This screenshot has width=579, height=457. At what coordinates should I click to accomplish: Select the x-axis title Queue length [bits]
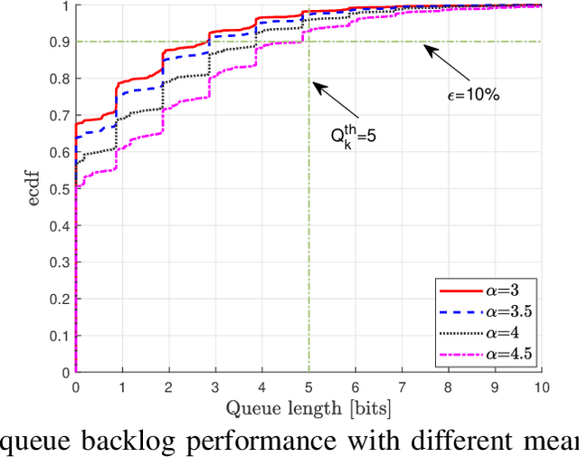(x=308, y=409)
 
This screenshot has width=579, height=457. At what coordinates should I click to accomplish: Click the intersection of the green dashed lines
(x=308, y=42)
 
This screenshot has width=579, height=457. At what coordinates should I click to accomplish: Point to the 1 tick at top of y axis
(x=65, y=6)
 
